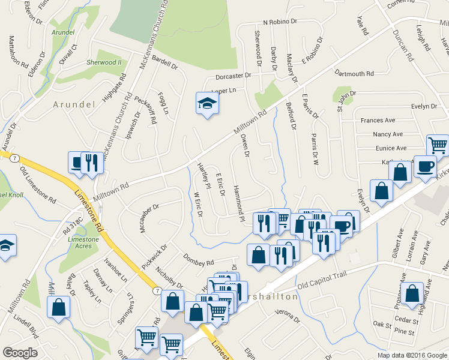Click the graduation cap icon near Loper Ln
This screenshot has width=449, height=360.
pos(207,104)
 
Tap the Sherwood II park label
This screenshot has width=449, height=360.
pos(104,62)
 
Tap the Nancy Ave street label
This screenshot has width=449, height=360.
pos(387,134)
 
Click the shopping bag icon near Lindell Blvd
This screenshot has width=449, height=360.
pos(59,307)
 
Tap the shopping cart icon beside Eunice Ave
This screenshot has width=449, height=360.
pos(438,145)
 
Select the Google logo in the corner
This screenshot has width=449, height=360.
pos(20,353)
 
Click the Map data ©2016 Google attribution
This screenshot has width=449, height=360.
pos(412,355)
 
